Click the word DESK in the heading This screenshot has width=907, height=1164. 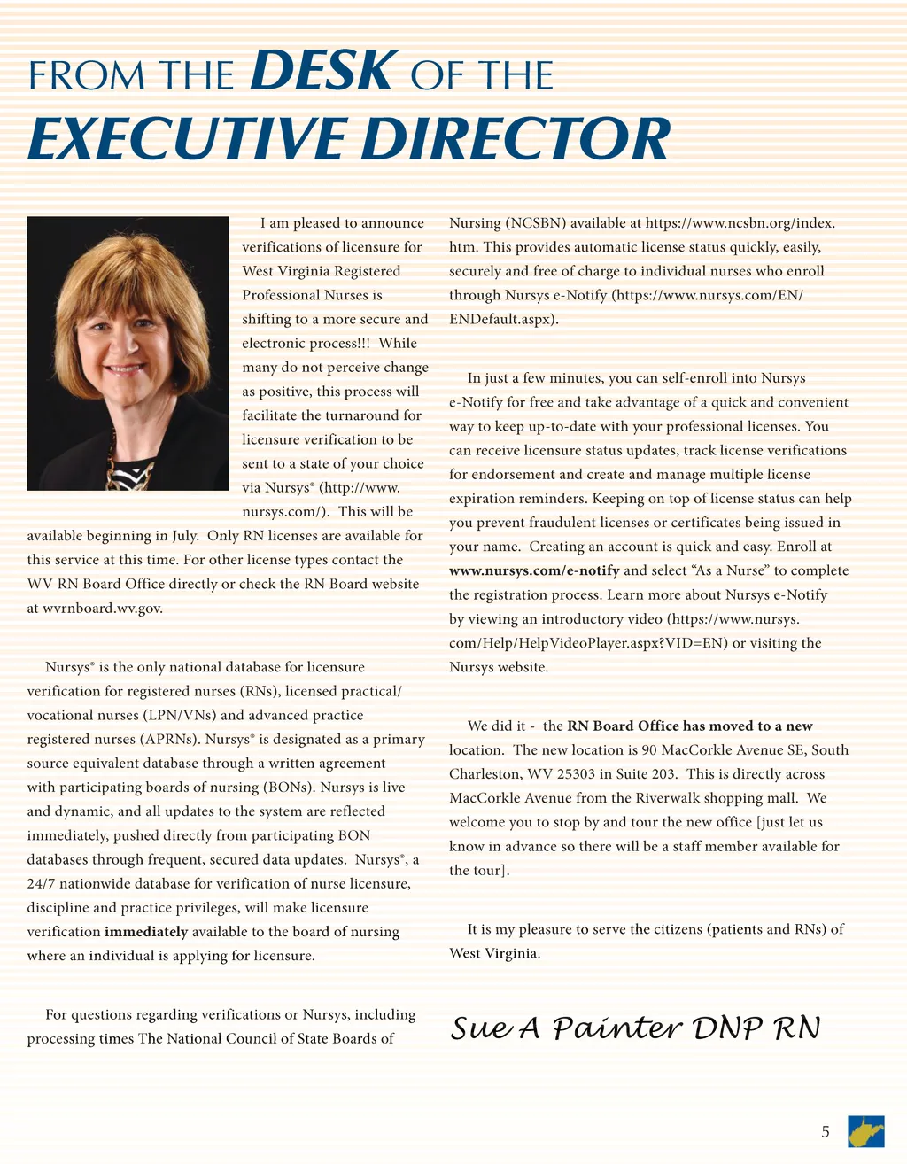tap(321, 72)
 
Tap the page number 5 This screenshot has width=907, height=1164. tap(826, 1131)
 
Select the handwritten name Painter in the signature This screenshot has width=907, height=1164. tap(616, 1028)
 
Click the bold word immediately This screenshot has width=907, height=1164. tap(146, 932)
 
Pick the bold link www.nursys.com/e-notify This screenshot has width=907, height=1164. tap(534, 570)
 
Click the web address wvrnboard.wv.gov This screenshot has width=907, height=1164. tap(103, 608)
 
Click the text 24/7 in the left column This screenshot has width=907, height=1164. tap(41, 884)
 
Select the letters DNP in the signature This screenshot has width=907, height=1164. tap(728, 1028)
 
